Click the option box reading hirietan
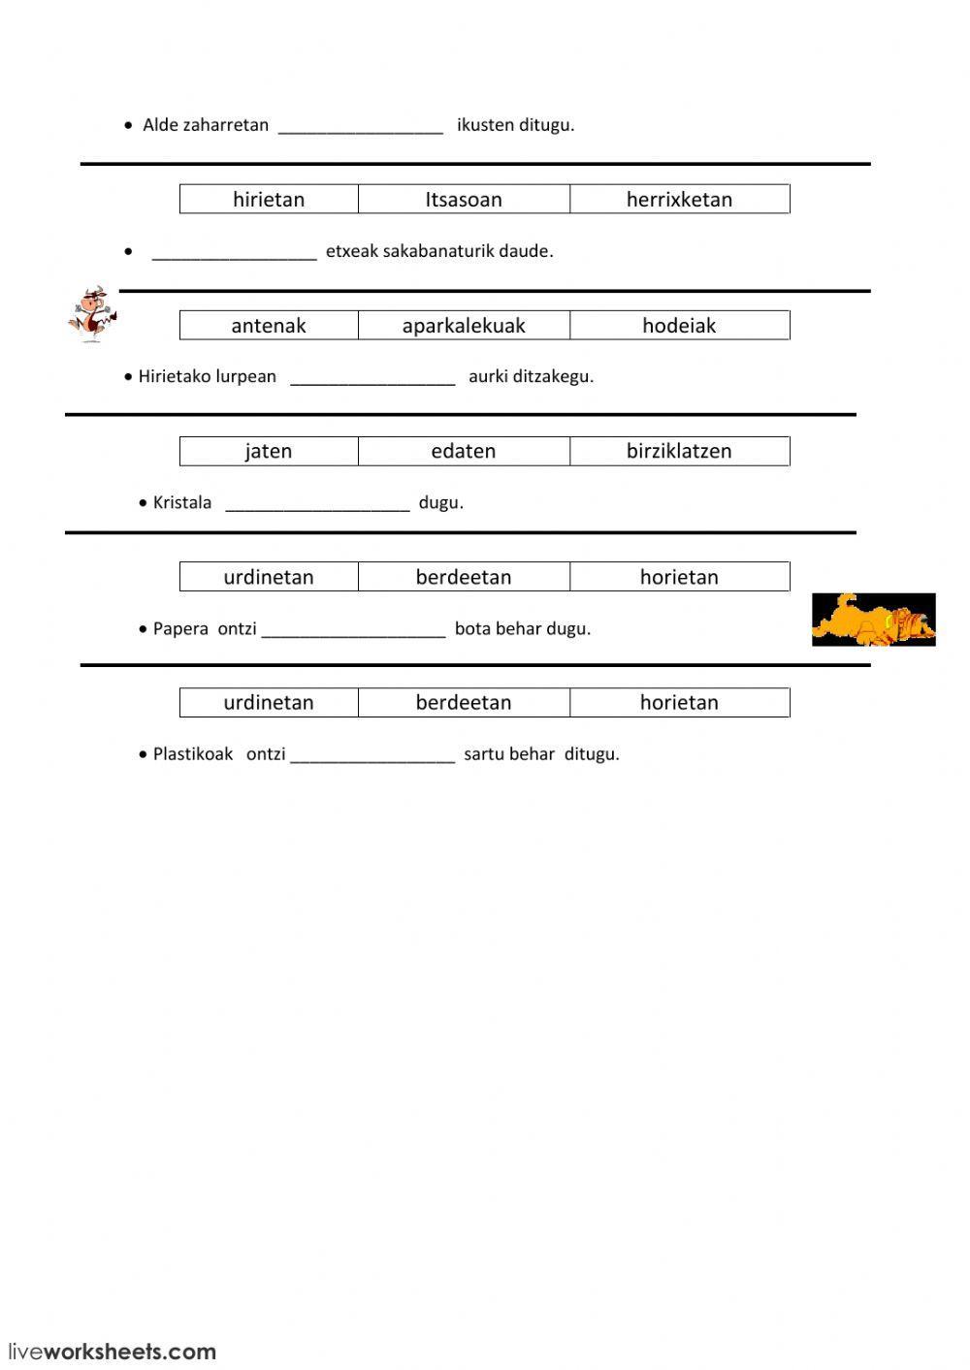(269, 200)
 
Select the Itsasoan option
(464, 200)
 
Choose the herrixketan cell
(679, 200)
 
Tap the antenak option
(269, 326)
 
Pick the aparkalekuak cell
(464, 326)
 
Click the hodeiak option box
(679, 326)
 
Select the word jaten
(269, 451)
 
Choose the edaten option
(464, 451)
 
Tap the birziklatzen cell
(679, 451)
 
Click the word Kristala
(182, 502)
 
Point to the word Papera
(180, 628)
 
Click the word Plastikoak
(193, 753)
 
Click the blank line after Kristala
(317, 505)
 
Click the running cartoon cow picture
(92, 313)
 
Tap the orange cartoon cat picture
(873, 620)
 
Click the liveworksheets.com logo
(113, 1351)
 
